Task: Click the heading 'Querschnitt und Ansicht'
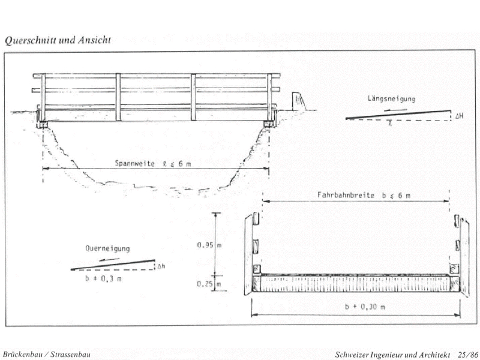[x=58, y=41]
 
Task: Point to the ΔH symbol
[x=458, y=115]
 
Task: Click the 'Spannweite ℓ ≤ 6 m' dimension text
[x=154, y=163]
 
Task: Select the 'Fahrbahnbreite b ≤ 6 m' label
[x=355, y=196]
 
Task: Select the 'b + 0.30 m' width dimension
[x=365, y=307]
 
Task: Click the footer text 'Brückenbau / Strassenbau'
[x=47, y=355]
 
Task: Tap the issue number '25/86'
[x=468, y=355]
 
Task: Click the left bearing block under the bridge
[x=43, y=124]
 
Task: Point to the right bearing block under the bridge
[x=268, y=124]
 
